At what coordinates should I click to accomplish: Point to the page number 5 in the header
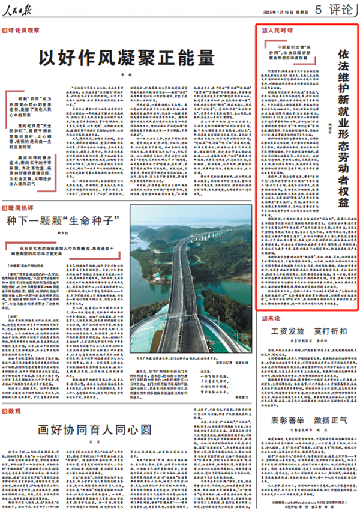(x=316, y=10)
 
